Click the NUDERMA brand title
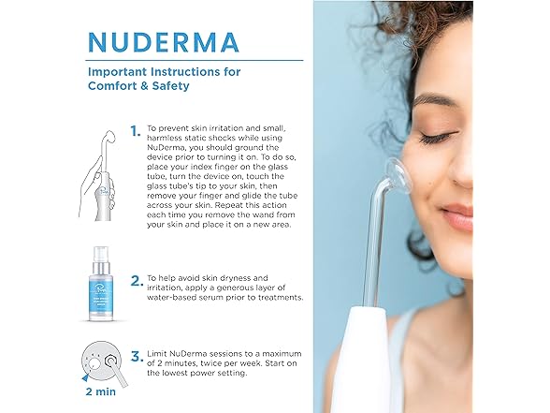coord(164,42)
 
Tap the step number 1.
coord(136,131)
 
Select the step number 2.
coord(137,281)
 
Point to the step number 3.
coord(137,357)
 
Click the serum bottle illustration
coord(101,284)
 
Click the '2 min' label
coord(101,391)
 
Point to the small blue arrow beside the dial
coord(85,378)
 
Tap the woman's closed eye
coord(438,138)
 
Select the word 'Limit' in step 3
coord(157,353)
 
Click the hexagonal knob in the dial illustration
coord(111,361)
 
